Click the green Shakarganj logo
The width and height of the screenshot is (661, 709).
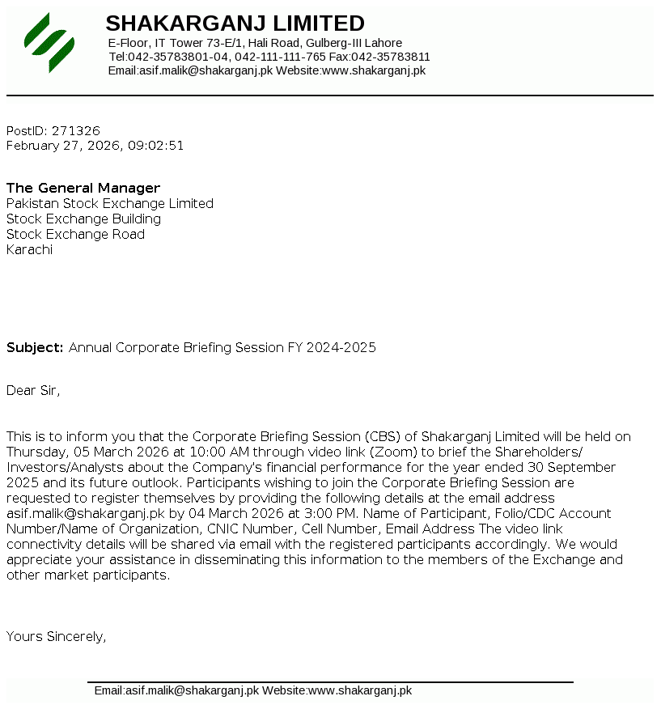tap(49, 42)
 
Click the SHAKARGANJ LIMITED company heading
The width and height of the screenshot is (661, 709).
tap(235, 23)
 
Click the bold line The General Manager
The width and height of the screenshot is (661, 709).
tap(83, 188)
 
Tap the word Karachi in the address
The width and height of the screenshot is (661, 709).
tap(29, 250)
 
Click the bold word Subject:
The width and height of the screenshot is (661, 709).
tap(35, 348)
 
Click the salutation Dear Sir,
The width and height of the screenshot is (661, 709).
tap(33, 391)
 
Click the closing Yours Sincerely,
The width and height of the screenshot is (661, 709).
tap(56, 636)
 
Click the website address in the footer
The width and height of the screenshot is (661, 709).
tap(360, 690)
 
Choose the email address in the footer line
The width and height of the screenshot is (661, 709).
tap(191, 690)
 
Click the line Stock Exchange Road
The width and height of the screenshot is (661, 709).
tap(75, 235)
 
